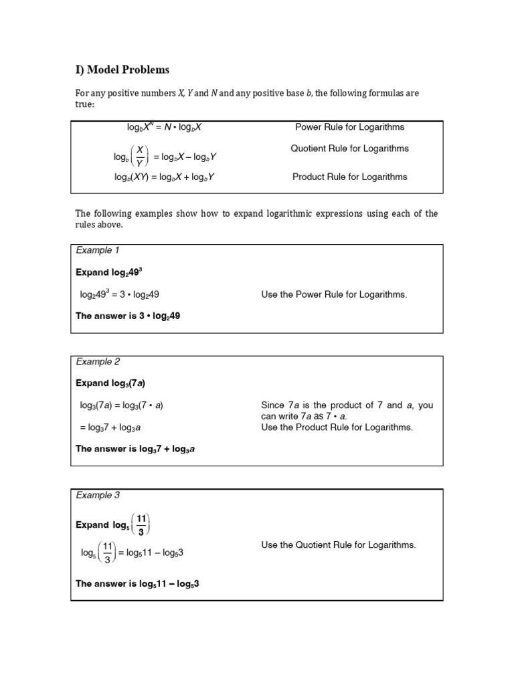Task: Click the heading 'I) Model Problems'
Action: click(x=122, y=70)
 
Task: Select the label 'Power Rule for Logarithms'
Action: click(x=349, y=127)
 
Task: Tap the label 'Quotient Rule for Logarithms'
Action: click(x=349, y=149)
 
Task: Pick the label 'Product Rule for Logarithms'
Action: click(x=349, y=177)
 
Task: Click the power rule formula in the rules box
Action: click(x=159, y=127)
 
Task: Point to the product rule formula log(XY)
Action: click(x=164, y=177)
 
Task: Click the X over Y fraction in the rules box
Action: click(x=140, y=157)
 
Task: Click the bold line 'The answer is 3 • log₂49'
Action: click(x=128, y=316)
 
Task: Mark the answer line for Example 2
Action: click(x=135, y=450)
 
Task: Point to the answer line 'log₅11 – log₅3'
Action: click(x=137, y=583)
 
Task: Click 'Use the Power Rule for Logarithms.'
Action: click(x=333, y=294)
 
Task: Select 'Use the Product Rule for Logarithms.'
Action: click(x=337, y=427)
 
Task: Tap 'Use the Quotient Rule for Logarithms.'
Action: click(x=338, y=545)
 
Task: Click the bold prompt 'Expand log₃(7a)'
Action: click(x=110, y=383)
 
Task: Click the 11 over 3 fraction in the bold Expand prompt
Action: click(x=141, y=524)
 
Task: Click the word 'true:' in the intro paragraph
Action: click(x=85, y=104)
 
